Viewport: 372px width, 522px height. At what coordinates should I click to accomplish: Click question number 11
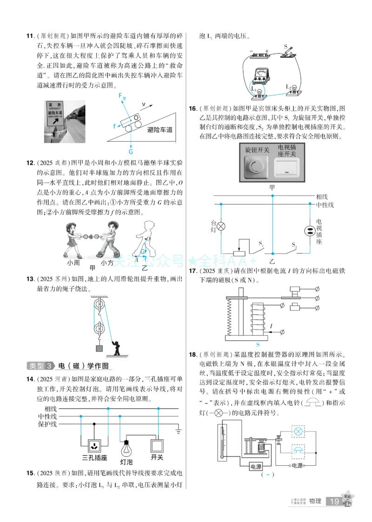(30, 36)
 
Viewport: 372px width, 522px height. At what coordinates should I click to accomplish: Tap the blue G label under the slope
(131, 151)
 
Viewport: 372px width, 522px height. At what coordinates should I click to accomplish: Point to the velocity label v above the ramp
(144, 104)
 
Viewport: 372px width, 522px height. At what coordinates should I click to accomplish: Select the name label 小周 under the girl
(73, 263)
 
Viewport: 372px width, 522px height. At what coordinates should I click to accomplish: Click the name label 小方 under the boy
(107, 263)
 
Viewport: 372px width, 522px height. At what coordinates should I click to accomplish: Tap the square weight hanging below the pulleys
(99, 348)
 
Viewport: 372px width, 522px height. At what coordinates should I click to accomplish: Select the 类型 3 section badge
(41, 365)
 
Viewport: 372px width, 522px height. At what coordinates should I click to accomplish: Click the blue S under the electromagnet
(258, 344)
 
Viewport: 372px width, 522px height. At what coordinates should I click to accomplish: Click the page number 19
(334, 501)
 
